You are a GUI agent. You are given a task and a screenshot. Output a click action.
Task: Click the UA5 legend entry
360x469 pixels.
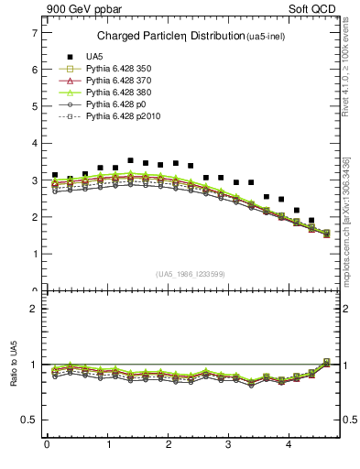click(93, 56)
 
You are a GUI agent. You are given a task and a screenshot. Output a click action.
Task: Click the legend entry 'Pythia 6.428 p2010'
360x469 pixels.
click(116, 117)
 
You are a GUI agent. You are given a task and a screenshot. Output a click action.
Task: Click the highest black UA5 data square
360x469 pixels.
click(130, 160)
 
